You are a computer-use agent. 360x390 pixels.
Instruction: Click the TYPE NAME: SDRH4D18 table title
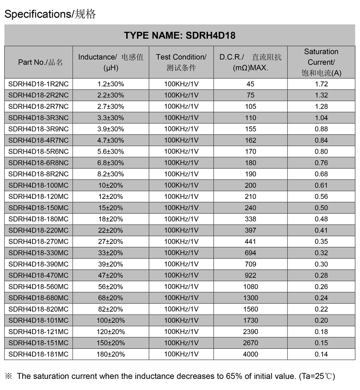click(180, 35)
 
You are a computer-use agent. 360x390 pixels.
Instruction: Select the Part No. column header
click(40, 62)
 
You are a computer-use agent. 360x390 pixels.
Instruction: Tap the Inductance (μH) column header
click(111, 62)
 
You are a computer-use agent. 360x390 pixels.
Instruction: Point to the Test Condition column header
click(181, 62)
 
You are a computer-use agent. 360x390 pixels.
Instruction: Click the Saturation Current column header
click(321, 62)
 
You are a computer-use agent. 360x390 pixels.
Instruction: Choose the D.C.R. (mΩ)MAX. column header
click(250, 62)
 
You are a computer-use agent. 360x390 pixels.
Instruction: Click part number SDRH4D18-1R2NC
click(39, 84)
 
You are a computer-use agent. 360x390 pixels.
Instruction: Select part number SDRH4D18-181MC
click(39, 354)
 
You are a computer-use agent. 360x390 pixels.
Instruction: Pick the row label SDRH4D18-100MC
click(39, 185)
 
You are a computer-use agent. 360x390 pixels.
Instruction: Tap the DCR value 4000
click(251, 354)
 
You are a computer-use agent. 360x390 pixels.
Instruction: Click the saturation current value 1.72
click(321, 84)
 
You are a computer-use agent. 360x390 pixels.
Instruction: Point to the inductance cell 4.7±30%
click(111, 140)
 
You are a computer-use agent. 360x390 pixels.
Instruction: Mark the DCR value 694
click(251, 253)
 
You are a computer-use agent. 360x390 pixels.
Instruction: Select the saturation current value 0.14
click(321, 354)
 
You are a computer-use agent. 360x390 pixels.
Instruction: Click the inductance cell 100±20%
click(111, 320)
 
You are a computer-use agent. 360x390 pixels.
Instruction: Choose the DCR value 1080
click(251, 287)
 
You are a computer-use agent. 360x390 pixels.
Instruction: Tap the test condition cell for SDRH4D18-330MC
click(181, 253)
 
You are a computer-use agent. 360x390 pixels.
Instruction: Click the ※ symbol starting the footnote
click(9, 376)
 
